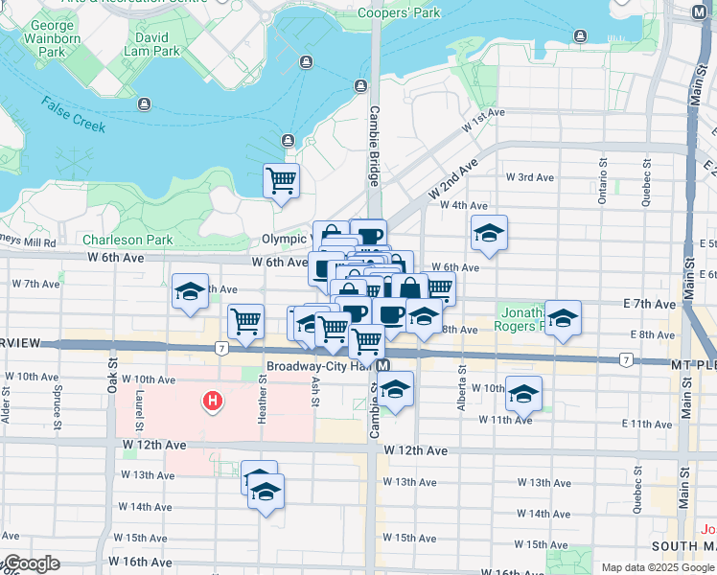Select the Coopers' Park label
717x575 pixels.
point(399,13)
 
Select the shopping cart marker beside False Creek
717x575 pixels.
point(281,179)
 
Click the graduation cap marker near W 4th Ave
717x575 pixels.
point(489,233)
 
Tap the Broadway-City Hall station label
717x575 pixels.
point(319,366)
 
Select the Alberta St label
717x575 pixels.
point(461,381)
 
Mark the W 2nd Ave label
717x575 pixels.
point(453,179)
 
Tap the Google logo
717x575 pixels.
point(31,563)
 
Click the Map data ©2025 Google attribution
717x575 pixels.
point(657,567)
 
